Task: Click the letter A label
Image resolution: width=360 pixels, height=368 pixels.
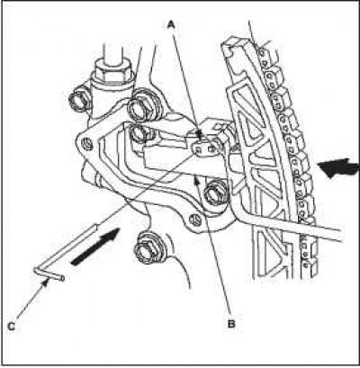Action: (171, 25)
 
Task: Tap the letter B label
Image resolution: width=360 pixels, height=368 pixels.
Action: (231, 324)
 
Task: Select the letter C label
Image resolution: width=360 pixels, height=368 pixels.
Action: (11, 327)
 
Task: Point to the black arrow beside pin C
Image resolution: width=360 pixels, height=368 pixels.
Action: (95, 247)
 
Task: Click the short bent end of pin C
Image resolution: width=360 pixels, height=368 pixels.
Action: (49, 274)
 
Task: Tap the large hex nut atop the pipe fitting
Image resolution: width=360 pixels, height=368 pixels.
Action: (113, 70)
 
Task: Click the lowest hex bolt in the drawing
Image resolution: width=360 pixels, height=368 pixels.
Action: (148, 247)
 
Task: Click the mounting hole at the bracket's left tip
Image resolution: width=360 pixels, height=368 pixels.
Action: (87, 144)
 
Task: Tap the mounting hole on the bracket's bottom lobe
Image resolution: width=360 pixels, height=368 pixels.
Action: (195, 220)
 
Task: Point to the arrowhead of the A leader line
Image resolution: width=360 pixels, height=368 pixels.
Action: (201, 134)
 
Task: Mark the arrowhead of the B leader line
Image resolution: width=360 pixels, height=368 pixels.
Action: (196, 180)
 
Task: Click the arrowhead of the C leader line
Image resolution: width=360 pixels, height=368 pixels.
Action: (46, 282)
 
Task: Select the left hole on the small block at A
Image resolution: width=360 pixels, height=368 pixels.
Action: (198, 149)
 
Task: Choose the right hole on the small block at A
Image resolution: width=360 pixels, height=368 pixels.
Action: (212, 148)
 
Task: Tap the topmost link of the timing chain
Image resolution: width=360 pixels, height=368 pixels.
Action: (263, 54)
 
